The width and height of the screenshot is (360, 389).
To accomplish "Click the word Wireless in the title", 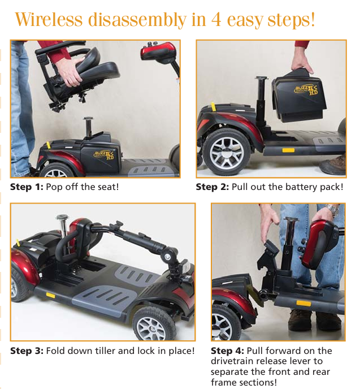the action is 49,19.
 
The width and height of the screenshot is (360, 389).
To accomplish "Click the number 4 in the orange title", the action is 216,19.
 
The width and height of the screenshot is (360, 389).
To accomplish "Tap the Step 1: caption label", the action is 27,187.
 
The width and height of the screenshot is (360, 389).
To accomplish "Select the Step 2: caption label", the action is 212,187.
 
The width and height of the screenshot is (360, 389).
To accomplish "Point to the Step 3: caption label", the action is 27,351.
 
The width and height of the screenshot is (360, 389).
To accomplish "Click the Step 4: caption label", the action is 227,351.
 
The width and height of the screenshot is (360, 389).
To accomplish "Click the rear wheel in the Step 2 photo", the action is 227,152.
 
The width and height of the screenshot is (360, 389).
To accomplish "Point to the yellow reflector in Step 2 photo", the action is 288,150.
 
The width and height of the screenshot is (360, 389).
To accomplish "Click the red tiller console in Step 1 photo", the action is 158,51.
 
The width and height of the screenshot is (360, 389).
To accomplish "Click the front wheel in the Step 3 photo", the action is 154,325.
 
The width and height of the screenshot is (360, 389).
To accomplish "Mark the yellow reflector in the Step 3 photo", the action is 50,295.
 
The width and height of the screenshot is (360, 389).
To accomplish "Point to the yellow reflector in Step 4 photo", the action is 303,304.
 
